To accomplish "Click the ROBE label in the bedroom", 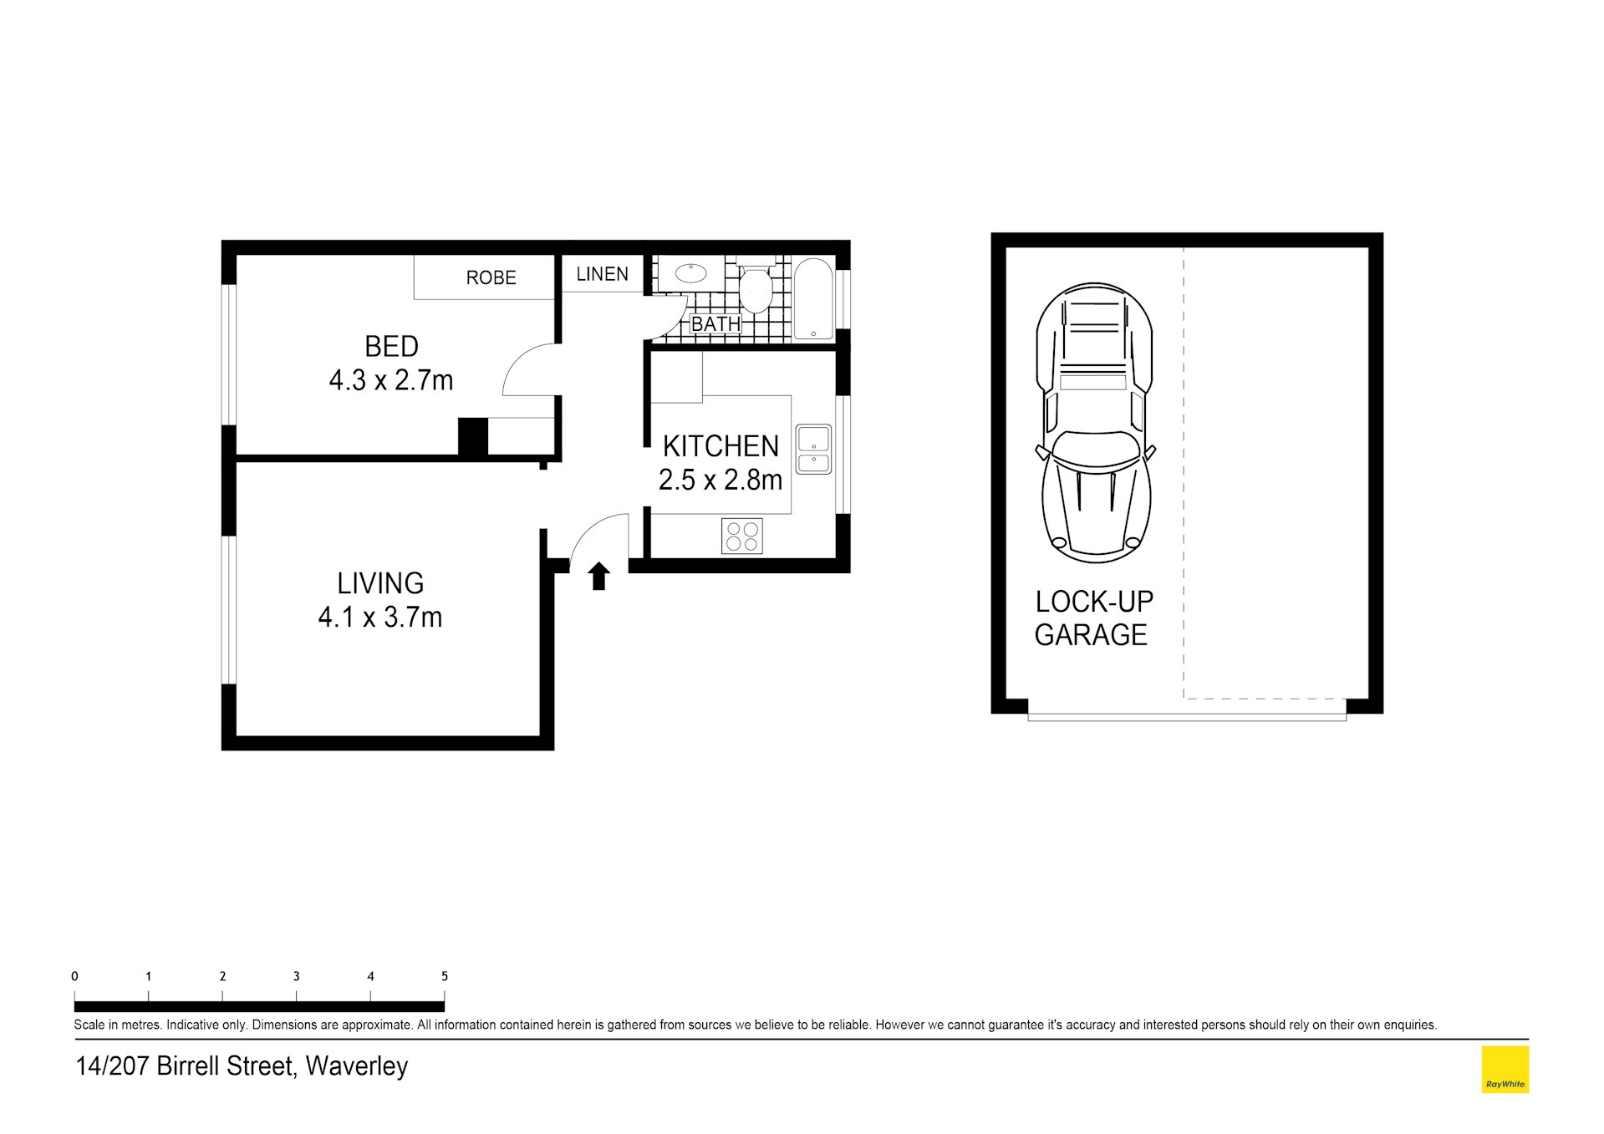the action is [491, 277].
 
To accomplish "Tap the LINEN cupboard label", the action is [602, 274].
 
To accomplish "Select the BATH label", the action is [715, 323].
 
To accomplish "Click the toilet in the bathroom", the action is [756, 285].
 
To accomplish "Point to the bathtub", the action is [813, 299].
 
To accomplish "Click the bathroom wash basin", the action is [690, 272].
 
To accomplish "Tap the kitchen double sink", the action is [813, 450].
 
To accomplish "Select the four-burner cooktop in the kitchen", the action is [742, 536].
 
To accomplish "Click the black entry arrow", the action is [598, 577].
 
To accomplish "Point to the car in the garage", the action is [1094, 422].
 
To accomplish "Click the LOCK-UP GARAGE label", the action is [1093, 618].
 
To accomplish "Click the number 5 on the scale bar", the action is [445, 976].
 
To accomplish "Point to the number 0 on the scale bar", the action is [74, 976].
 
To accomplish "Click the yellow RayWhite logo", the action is [1505, 1070].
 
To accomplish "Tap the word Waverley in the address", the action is [357, 1066].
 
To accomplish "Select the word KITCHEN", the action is [721, 446].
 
